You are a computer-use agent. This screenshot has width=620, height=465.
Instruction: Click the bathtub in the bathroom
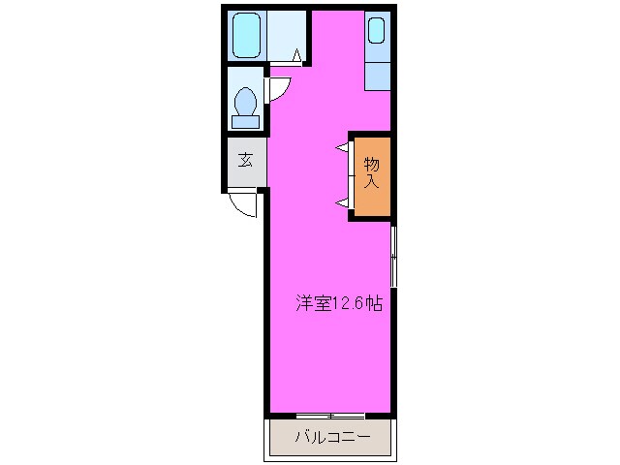[248, 36]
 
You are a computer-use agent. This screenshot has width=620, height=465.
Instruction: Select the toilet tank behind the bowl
[246, 121]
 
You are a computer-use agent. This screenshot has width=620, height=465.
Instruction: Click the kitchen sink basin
[377, 32]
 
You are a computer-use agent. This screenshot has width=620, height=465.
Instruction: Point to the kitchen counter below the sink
[378, 77]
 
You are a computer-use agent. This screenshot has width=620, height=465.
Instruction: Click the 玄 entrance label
[246, 160]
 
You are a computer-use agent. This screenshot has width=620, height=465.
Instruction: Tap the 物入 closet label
[372, 174]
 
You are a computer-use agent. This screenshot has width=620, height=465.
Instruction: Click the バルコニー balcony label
[332, 438]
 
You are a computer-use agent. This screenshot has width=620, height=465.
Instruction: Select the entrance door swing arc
[242, 204]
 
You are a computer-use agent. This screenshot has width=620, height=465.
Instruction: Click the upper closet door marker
[342, 147]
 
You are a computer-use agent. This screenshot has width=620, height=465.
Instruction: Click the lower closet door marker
[342, 201]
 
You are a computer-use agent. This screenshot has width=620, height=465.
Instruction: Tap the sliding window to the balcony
[330, 416]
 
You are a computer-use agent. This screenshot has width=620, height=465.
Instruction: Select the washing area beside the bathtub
[285, 33]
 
